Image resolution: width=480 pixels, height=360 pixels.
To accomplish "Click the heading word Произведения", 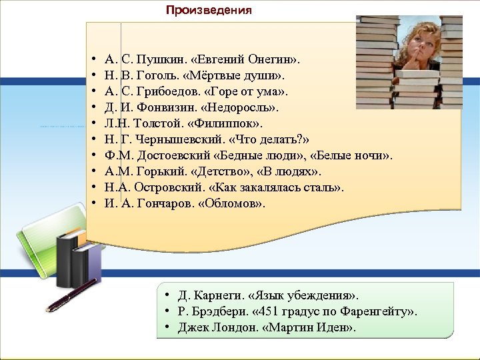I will point(209,10).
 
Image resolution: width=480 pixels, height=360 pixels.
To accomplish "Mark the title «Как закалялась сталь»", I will point(281,187).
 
